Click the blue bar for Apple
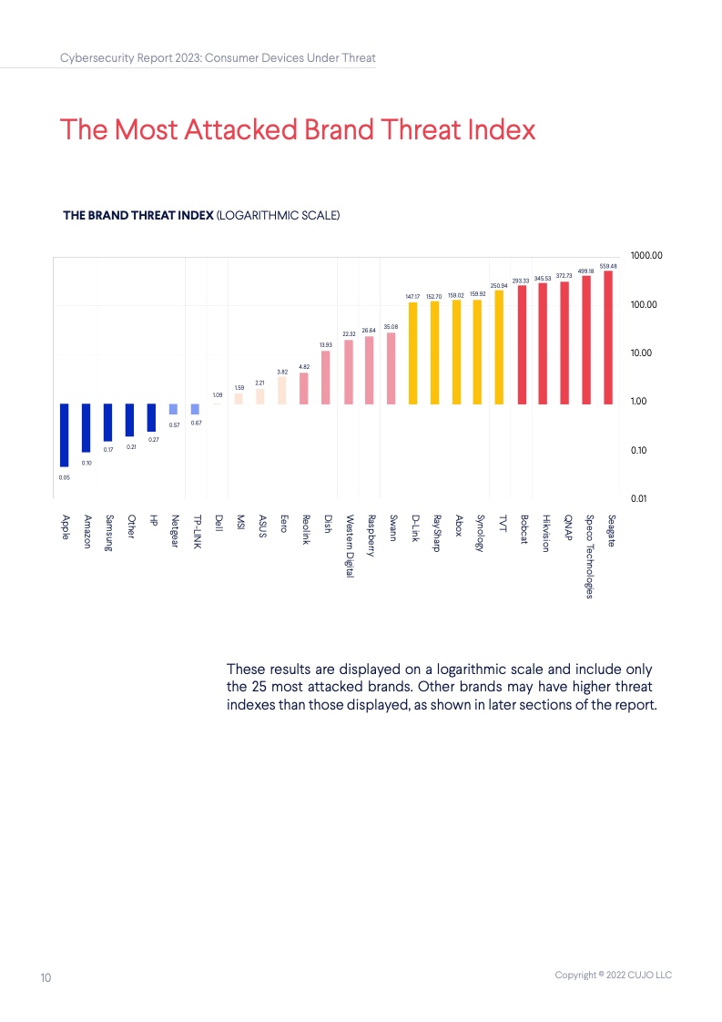point(65,434)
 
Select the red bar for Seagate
point(608,337)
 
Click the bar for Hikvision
point(543,342)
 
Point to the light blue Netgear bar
point(173,409)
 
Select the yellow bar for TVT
point(499,347)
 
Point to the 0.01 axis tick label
point(640,498)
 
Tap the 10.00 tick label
point(643,353)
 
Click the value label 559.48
point(608,266)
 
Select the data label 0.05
point(64,475)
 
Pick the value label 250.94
point(499,286)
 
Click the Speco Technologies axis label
point(589,557)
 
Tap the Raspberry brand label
point(371,536)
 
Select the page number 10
point(46,977)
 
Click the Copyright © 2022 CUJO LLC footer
point(613,976)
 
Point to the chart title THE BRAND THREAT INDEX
point(137,216)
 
